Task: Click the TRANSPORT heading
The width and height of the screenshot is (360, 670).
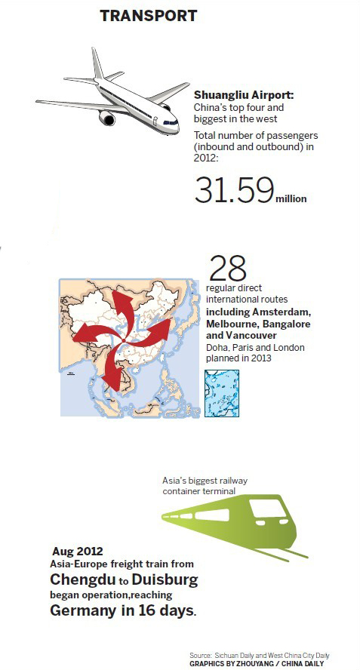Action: point(149,15)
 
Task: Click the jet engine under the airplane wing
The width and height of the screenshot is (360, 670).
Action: point(105,118)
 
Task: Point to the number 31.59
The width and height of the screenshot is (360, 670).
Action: point(233,189)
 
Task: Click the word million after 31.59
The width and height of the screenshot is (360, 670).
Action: point(291,198)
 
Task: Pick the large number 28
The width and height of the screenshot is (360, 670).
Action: point(228,268)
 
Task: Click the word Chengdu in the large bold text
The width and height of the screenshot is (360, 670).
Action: point(80,580)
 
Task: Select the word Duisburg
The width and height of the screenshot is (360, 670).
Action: point(165,580)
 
